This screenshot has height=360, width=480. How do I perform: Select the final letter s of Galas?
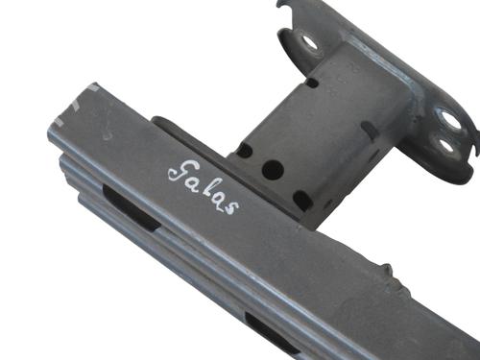click(x=232, y=208)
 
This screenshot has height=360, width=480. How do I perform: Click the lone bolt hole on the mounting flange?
click(x=309, y=42)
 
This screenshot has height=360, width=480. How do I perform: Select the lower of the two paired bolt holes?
click(x=445, y=146)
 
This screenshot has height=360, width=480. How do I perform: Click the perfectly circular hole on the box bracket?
click(x=273, y=170)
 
